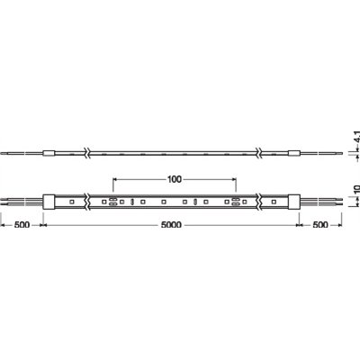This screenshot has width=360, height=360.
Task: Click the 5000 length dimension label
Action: pyautogui.click(x=171, y=227)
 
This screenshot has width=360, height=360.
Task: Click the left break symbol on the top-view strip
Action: pyautogui.click(x=85, y=202)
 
